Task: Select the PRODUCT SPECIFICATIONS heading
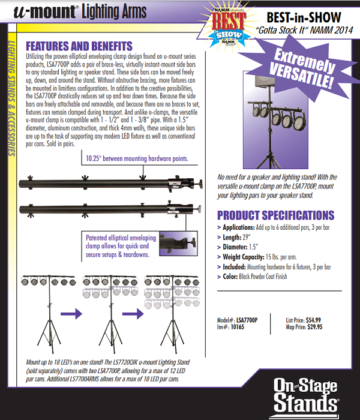(x=275, y=215)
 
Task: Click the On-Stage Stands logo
(x=307, y=394)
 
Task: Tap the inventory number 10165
(x=239, y=328)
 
